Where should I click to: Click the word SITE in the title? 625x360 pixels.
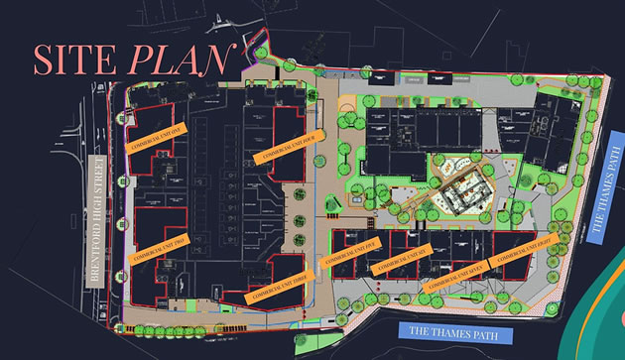click(74, 60)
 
